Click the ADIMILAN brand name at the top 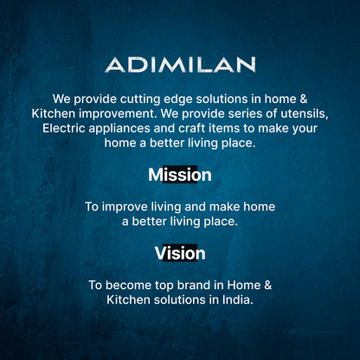point(180,65)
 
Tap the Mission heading point(180,175)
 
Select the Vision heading point(180,254)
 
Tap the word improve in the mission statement point(126,207)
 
